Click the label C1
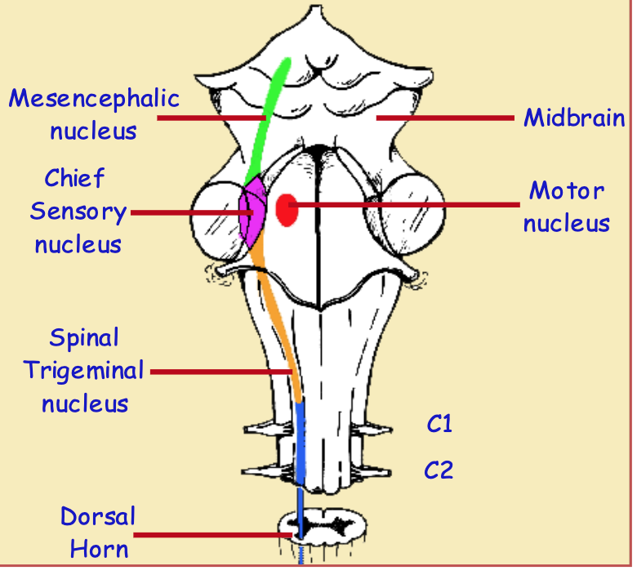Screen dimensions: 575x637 click(x=439, y=424)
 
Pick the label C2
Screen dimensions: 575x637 click(x=439, y=470)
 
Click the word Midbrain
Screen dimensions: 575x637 click(x=574, y=118)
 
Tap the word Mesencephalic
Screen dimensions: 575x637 click(x=94, y=99)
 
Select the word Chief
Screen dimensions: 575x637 click(x=74, y=178)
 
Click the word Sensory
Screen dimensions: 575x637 click(x=78, y=212)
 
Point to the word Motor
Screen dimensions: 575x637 click(x=567, y=191)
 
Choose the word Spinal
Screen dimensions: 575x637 click(x=83, y=337)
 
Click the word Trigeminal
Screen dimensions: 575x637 click(x=83, y=370)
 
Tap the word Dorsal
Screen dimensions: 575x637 click(x=98, y=516)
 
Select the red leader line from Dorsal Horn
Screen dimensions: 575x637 click(x=212, y=536)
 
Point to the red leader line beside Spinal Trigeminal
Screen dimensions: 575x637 click(x=220, y=372)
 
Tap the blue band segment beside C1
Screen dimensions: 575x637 click(x=300, y=425)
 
